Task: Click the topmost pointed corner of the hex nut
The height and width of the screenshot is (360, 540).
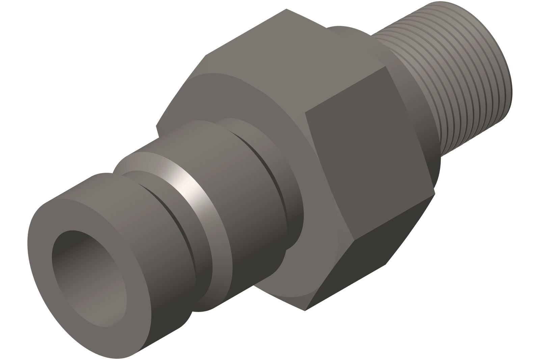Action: pyautogui.click(x=286, y=9)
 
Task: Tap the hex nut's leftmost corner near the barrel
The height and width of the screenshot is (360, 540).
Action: pyautogui.click(x=157, y=127)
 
